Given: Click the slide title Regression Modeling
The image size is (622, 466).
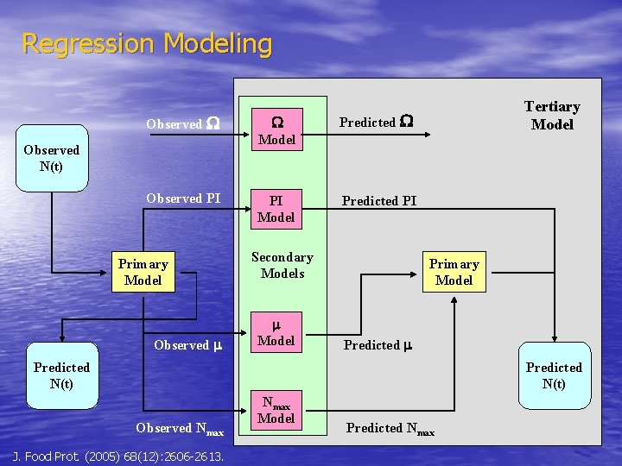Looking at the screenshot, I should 146,43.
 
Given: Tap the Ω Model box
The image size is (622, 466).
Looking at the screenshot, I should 277,130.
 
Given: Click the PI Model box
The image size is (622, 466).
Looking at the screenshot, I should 276,209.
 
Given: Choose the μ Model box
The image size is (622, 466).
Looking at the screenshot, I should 276,333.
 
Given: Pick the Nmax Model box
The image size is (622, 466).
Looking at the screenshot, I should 276,411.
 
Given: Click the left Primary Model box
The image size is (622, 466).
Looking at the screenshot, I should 143,272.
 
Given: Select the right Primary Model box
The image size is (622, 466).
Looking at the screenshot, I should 454,272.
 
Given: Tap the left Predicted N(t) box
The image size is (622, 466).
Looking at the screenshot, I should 61,375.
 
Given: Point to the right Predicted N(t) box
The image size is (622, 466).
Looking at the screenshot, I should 554,375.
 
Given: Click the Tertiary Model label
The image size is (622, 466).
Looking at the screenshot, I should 552,115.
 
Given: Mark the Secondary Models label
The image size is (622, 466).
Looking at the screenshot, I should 282,265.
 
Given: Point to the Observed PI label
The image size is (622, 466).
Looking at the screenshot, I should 183,198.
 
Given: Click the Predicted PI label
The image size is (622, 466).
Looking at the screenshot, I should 379,201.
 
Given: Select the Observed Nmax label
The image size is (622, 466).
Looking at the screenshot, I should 180,428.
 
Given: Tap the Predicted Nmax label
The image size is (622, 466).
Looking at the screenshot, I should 390,428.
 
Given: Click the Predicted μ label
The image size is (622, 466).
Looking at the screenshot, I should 378,345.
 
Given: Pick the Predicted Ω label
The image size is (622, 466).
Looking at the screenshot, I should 376,123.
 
